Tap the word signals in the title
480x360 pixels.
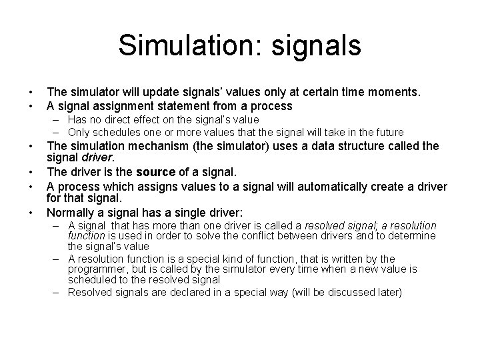pyautogui.click(x=312, y=45)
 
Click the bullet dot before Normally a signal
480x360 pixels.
pyautogui.click(x=31, y=213)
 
